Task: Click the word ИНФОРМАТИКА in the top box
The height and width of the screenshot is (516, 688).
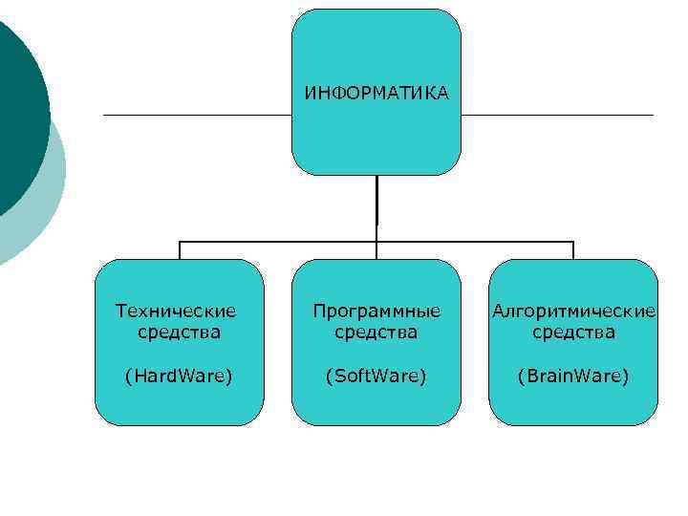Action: [376, 94]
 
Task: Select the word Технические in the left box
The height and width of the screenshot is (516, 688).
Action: [175, 311]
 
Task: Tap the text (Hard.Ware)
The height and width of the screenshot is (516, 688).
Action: [179, 376]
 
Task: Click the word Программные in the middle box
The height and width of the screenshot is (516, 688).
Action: [376, 311]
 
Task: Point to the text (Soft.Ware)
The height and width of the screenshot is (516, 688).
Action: [376, 376]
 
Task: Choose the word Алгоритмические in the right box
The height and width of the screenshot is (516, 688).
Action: [573, 311]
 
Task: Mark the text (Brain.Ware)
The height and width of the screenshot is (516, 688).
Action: [573, 376]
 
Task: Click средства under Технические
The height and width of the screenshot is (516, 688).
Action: [179, 333]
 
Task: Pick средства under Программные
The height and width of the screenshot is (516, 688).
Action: [376, 333]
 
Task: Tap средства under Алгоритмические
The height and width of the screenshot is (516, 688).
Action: [573, 333]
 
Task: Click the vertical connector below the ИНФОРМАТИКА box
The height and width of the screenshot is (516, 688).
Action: [376, 205]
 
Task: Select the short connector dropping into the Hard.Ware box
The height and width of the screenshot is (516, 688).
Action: [180, 250]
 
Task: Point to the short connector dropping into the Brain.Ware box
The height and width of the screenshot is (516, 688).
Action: [573, 250]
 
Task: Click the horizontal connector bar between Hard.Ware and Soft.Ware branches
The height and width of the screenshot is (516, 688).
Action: [277, 242]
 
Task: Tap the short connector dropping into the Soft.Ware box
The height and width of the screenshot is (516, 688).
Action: [376, 250]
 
